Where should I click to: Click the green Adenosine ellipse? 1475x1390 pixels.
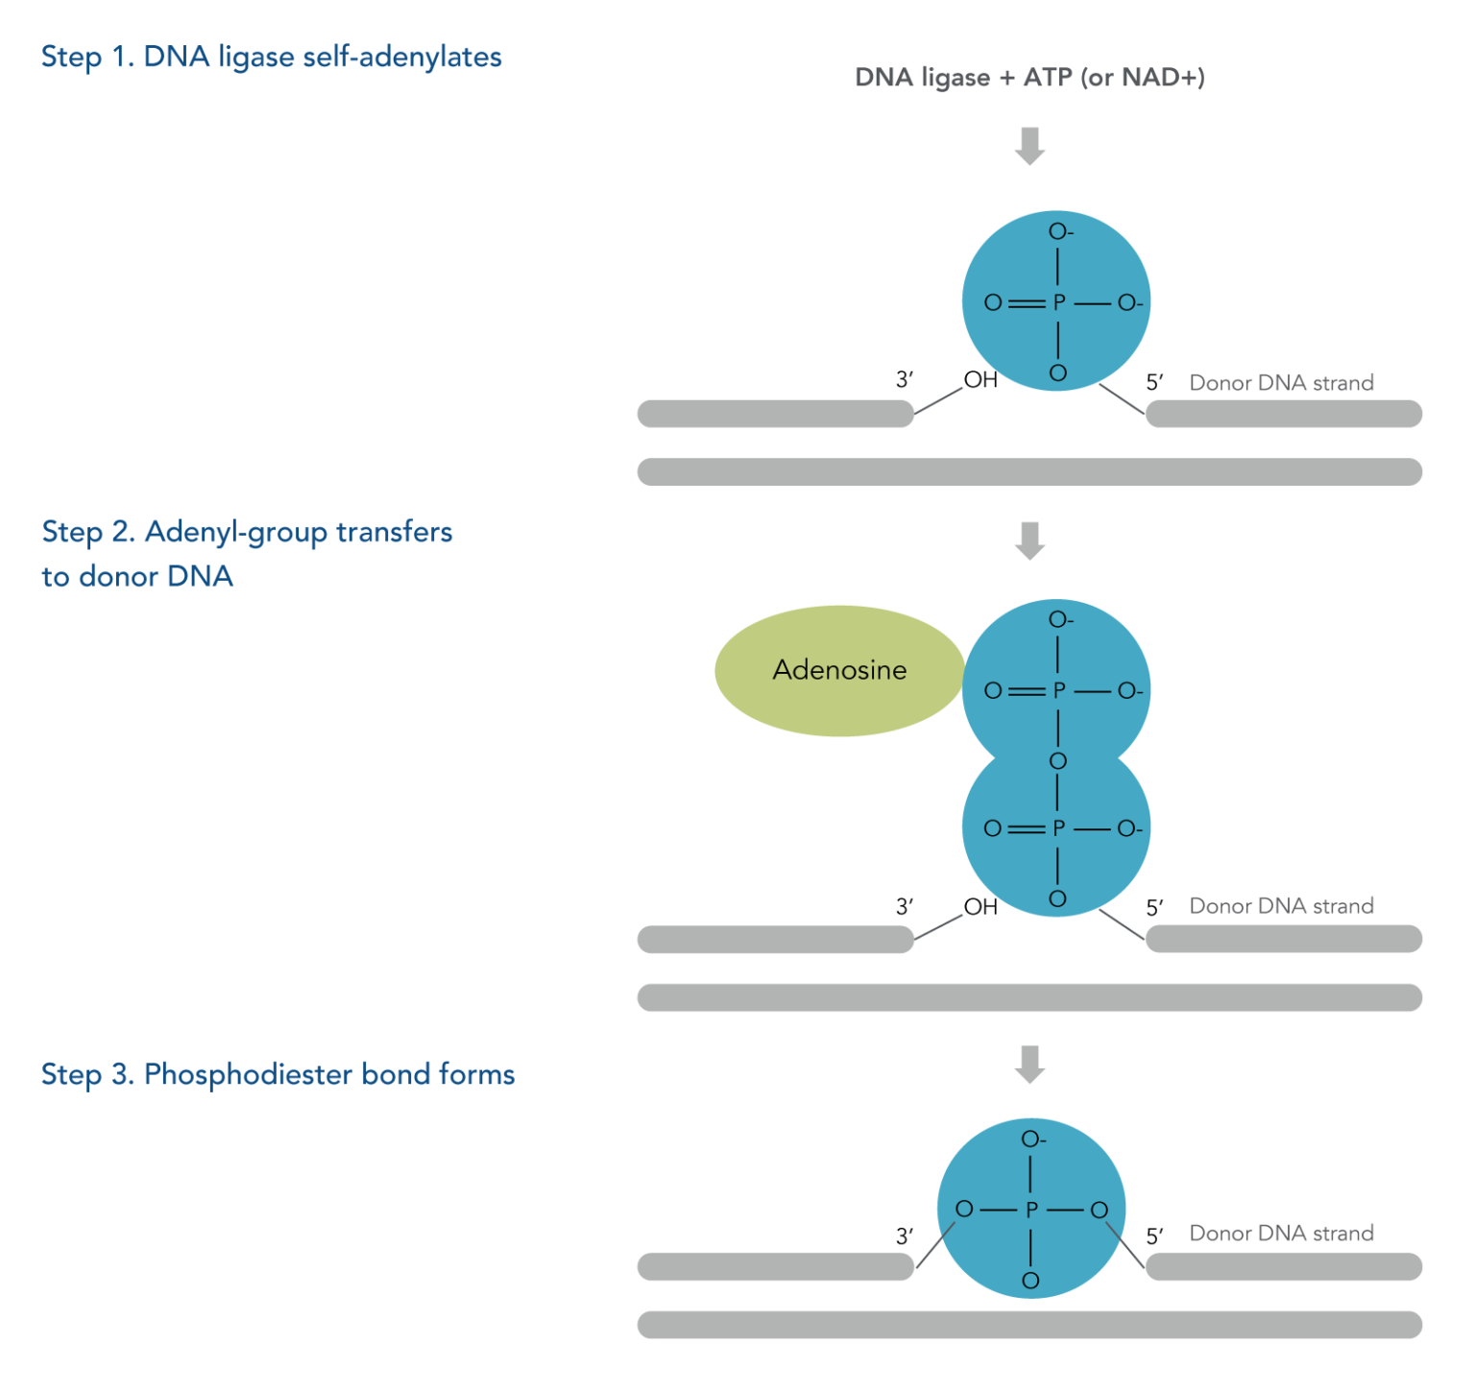click(838, 670)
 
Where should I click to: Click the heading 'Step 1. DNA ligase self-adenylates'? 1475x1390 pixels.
click(271, 57)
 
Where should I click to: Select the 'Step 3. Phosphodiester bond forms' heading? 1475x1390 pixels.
click(278, 1074)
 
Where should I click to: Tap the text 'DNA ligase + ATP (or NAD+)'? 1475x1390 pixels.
click(1029, 77)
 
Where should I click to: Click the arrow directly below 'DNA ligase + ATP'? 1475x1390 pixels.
click(1029, 146)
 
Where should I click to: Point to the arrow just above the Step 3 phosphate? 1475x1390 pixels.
click(1029, 1064)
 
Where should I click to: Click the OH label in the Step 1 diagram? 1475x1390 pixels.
click(980, 380)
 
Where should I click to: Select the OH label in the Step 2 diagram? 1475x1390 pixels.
click(980, 906)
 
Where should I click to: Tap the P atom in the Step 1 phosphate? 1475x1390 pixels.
click(1058, 302)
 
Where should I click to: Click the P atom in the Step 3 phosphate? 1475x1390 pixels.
click(1031, 1210)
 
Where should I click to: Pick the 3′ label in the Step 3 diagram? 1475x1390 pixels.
click(905, 1235)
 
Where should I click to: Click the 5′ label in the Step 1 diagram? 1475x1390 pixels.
click(1154, 382)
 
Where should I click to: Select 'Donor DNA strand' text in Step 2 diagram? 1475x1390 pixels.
click(1281, 905)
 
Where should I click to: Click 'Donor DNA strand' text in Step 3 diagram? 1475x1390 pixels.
click(1281, 1233)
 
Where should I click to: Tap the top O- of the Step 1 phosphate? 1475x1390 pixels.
click(1060, 231)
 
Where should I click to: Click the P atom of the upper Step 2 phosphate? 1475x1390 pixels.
click(1058, 690)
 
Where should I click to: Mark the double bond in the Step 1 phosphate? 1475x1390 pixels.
click(1026, 302)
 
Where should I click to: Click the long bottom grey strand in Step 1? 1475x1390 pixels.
click(1029, 471)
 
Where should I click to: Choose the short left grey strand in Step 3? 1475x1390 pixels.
click(775, 1266)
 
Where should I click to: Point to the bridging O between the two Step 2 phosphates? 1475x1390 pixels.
click(1057, 760)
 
